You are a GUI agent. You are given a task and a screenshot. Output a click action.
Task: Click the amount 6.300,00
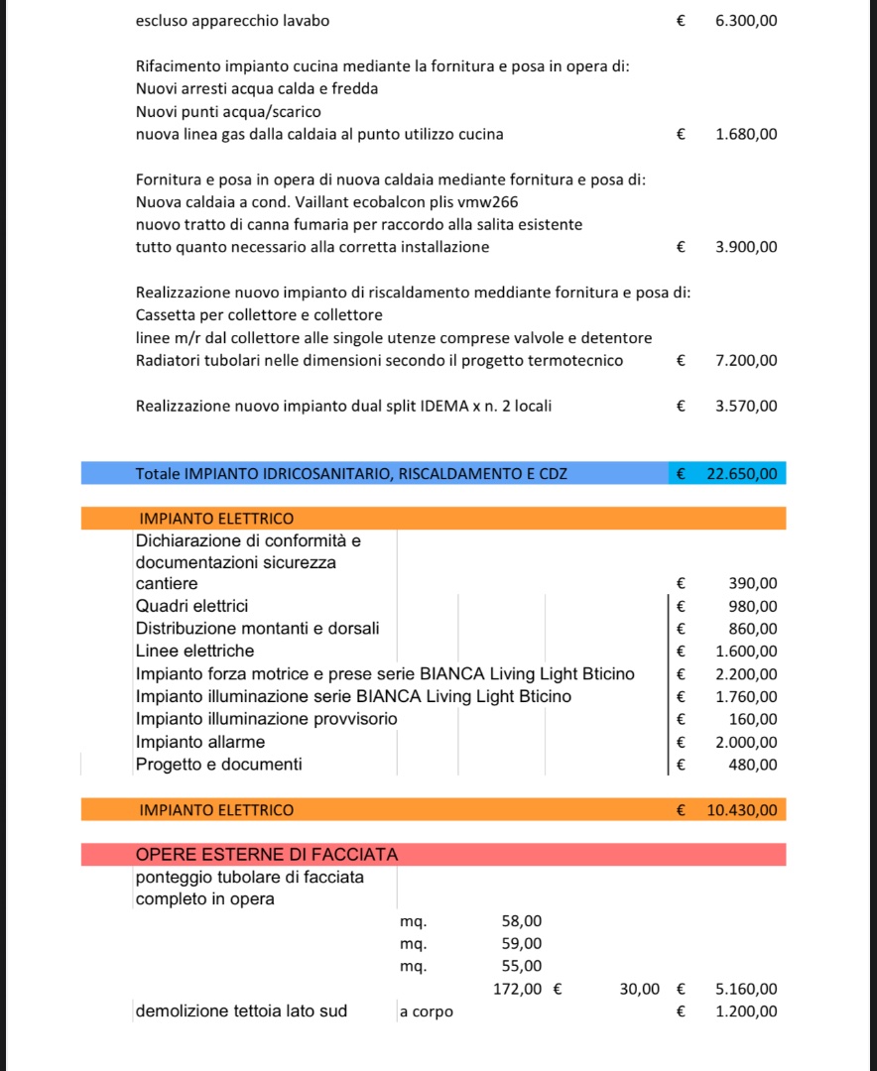pyautogui.click(x=746, y=21)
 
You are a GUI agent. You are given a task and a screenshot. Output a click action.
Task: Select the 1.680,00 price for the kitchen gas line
pyautogui.click(x=746, y=134)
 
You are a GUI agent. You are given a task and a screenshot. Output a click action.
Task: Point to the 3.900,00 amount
pyautogui.click(x=746, y=247)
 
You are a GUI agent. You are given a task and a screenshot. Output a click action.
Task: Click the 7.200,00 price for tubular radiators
pyautogui.click(x=746, y=360)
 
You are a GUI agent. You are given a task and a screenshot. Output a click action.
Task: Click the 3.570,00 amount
pyautogui.click(x=746, y=406)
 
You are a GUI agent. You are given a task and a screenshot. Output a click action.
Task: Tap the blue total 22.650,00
pyautogui.click(x=741, y=474)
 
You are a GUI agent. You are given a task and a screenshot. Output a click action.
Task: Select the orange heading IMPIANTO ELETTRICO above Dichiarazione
pyautogui.click(x=216, y=519)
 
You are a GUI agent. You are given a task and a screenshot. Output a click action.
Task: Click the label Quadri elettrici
pyautogui.click(x=191, y=606)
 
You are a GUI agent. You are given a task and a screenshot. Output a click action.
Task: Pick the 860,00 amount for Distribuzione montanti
pyautogui.click(x=753, y=629)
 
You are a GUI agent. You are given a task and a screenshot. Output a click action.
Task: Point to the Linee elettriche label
pyautogui.click(x=194, y=651)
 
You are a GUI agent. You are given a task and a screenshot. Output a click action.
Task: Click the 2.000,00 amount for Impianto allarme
pyautogui.click(x=746, y=742)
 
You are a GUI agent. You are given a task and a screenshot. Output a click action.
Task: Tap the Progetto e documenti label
pyautogui.click(x=218, y=765)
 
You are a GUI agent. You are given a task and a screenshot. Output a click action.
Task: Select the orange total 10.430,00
pyautogui.click(x=741, y=810)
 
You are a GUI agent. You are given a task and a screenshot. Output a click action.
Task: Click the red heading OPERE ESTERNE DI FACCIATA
pyautogui.click(x=266, y=854)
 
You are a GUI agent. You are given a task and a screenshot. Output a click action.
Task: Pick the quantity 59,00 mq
pyautogui.click(x=522, y=944)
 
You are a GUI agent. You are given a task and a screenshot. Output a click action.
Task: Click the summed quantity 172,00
pyautogui.click(x=518, y=989)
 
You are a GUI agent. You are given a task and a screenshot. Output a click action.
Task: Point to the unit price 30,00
pyautogui.click(x=639, y=989)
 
